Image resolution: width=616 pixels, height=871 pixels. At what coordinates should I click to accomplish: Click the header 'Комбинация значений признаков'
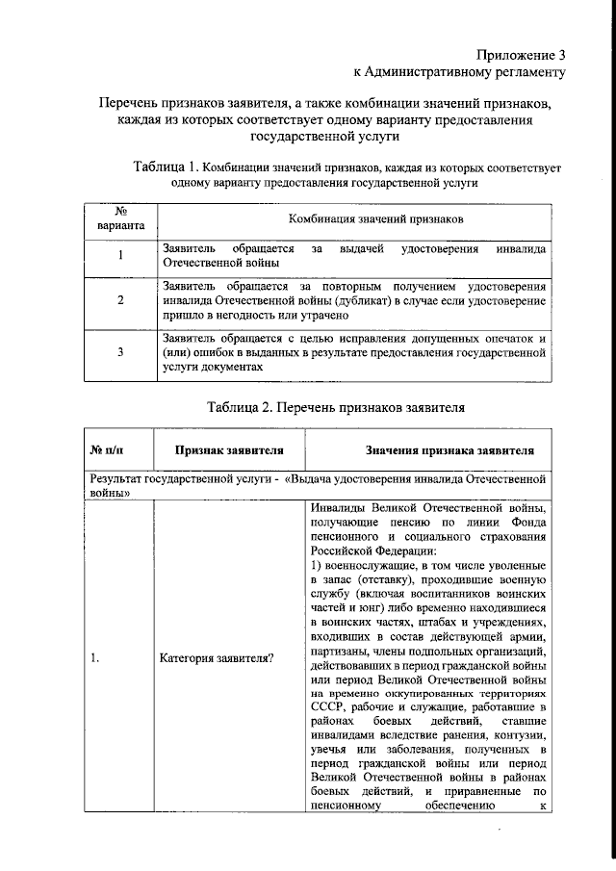click(x=355, y=219)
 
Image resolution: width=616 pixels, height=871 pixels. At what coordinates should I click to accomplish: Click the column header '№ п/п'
click(x=108, y=449)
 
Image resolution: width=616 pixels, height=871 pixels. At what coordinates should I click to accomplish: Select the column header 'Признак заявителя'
click(x=228, y=449)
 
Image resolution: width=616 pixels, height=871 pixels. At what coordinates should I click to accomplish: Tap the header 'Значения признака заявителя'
click(x=429, y=449)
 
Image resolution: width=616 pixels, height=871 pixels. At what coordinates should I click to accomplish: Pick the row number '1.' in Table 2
click(x=94, y=659)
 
